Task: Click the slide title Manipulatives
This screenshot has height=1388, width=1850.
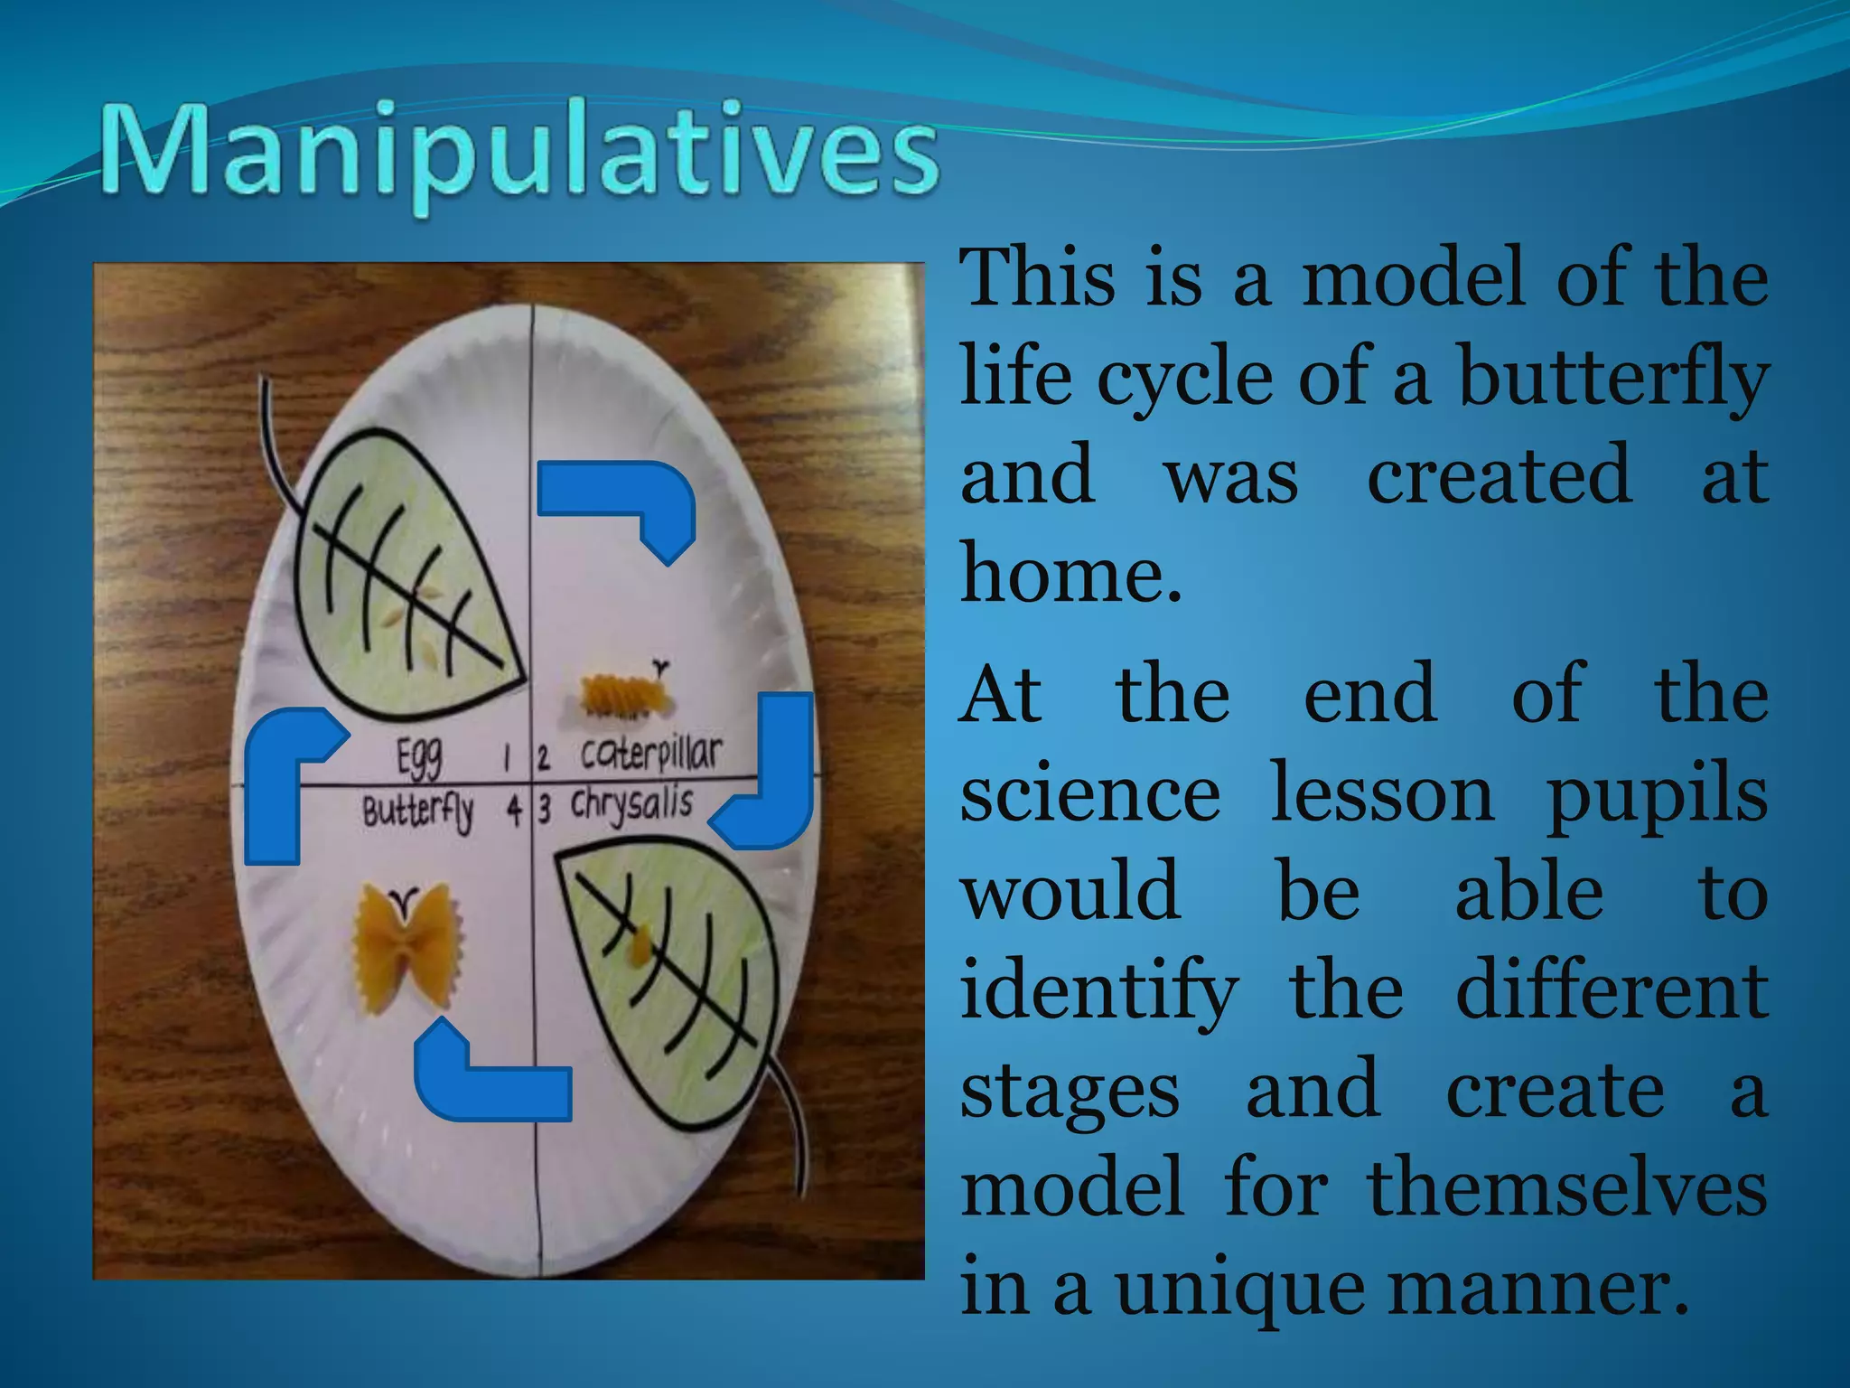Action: pos(519,154)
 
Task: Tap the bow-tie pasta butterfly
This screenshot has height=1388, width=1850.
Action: pos(407,944)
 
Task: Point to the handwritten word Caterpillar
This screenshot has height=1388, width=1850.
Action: pos(650,753)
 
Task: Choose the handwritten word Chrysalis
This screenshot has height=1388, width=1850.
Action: pos(631,805)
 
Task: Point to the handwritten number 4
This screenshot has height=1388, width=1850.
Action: pos(514,810)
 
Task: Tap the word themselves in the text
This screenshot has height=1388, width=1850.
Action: pos(1567,1187)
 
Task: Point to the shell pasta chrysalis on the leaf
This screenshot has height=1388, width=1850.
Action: pos(640,945)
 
